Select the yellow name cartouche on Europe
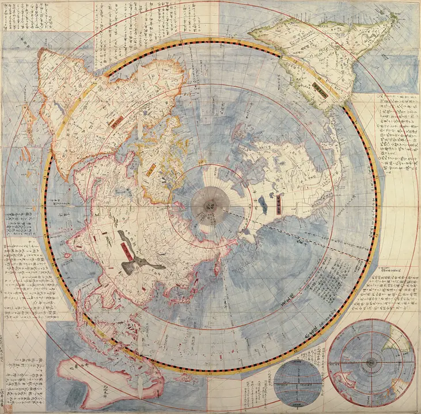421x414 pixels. coord(152,170)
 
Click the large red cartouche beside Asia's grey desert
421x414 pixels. coord(124,251)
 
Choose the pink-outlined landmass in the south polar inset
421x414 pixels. coord(346,384)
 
